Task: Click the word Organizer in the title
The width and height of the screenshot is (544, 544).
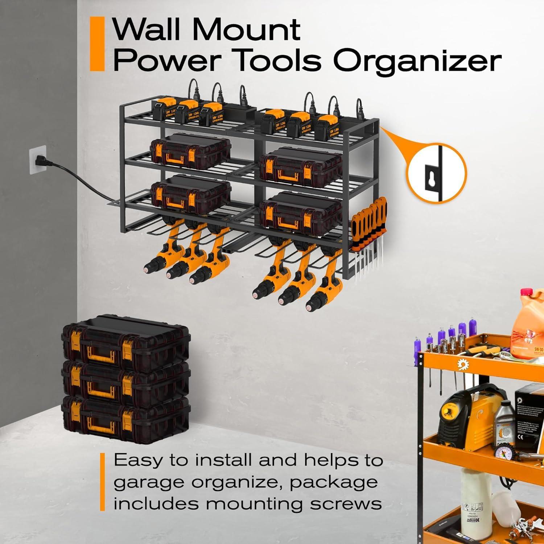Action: [x=417, y=61]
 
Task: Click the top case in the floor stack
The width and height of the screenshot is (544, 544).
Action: [x=125, y=341]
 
